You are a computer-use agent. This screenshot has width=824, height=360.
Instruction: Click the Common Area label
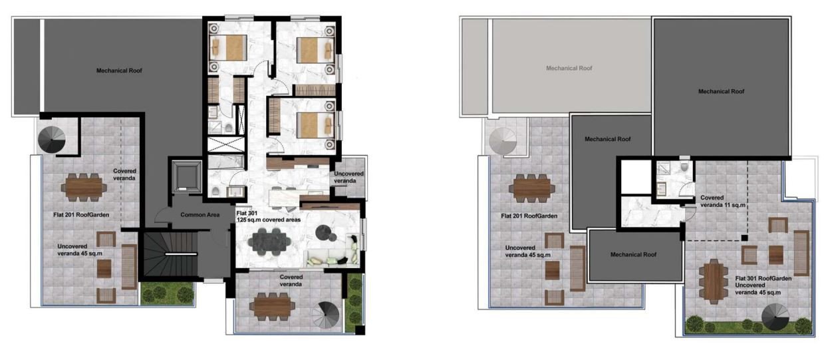pyautogui.click(x=200, y=214)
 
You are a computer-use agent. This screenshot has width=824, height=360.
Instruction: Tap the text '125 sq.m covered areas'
pyautogui.click(x=268, y=220)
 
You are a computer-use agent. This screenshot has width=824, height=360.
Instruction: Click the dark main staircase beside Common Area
pyautogui.click(x=170, y=254)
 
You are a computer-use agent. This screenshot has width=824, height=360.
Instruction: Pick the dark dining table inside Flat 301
pyautogui.click(x=269, y=242)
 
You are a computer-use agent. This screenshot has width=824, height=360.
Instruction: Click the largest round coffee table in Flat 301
pyautogui.click(x=324, y=232)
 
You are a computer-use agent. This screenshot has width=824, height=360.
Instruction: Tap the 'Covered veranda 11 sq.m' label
pyautogui.click(x=722, y=202)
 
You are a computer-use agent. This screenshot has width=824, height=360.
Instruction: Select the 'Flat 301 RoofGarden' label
pyautogui.click(x=763, y=279)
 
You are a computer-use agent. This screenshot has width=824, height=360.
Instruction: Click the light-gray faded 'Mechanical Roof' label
pyautogui.click(x=569, y=68)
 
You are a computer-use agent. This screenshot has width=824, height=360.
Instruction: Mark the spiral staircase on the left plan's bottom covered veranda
pyautogui.click(x=326, y=315)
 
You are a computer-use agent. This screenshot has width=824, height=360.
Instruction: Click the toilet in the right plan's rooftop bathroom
pyautogui.click(x=684, y=168)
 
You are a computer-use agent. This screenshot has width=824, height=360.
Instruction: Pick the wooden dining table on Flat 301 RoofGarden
pyautogui.click(x=714, y=281)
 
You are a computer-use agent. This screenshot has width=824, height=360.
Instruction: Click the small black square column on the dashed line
pyautogui.click(x=744, y=238)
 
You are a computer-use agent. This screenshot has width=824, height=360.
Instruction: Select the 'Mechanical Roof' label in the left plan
pyautogui.click(x=119, y=71)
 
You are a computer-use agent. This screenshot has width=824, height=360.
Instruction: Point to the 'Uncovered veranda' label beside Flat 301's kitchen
pyautogui.click(x=348, y=177)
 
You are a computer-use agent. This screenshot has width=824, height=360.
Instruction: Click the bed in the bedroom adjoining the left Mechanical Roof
pyautogui.click(x=228, y=48)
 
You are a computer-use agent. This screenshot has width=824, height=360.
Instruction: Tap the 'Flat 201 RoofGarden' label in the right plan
pyautogui.click(x=529, y=216)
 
